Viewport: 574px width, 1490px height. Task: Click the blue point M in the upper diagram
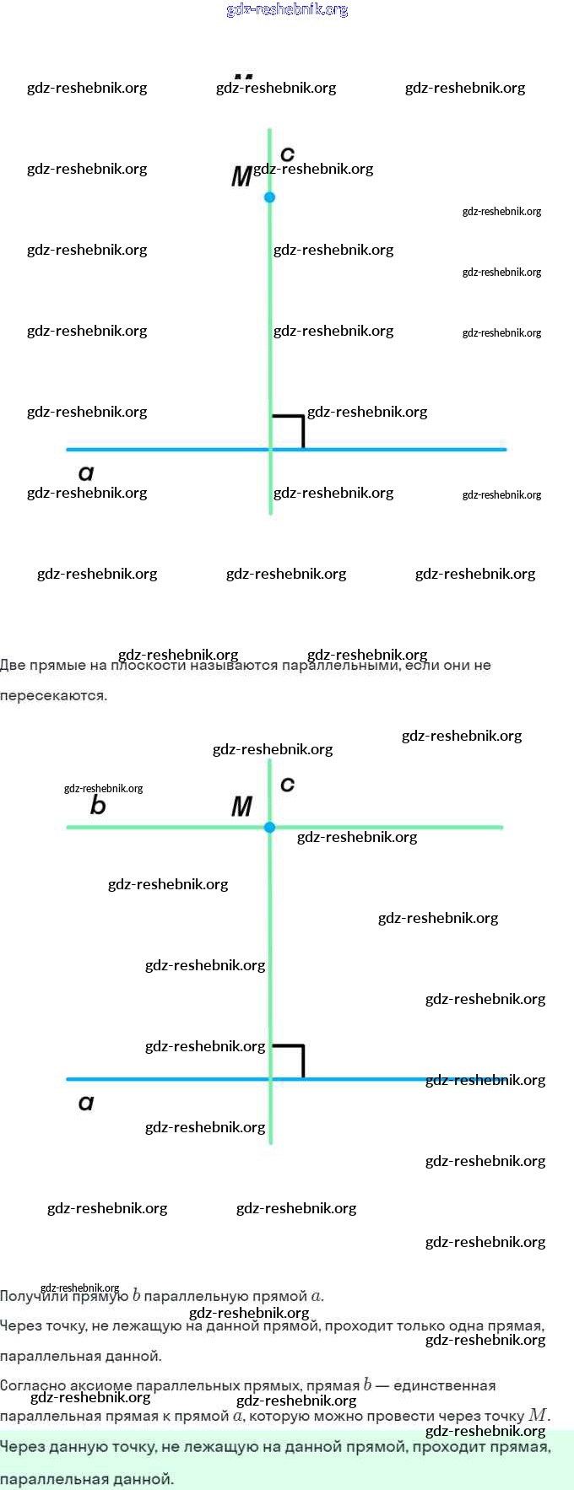[269, 197]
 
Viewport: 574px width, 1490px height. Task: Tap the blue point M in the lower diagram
[269, 828]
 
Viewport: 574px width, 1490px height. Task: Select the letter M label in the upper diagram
[241, 177]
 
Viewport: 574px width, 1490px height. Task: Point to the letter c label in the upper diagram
[287, 154]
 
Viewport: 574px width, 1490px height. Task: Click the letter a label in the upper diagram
[86, 473]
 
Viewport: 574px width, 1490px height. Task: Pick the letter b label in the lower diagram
[98, 806]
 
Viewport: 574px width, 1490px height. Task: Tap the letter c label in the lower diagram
[287, 784]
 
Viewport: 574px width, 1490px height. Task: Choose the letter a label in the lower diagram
[86, 1103]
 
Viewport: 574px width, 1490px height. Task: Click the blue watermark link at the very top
[287, 10]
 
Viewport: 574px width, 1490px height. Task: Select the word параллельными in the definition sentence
[341, 666]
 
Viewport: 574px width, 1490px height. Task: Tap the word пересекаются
[53, 696]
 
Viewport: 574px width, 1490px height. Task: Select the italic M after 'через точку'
[538, 1415]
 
